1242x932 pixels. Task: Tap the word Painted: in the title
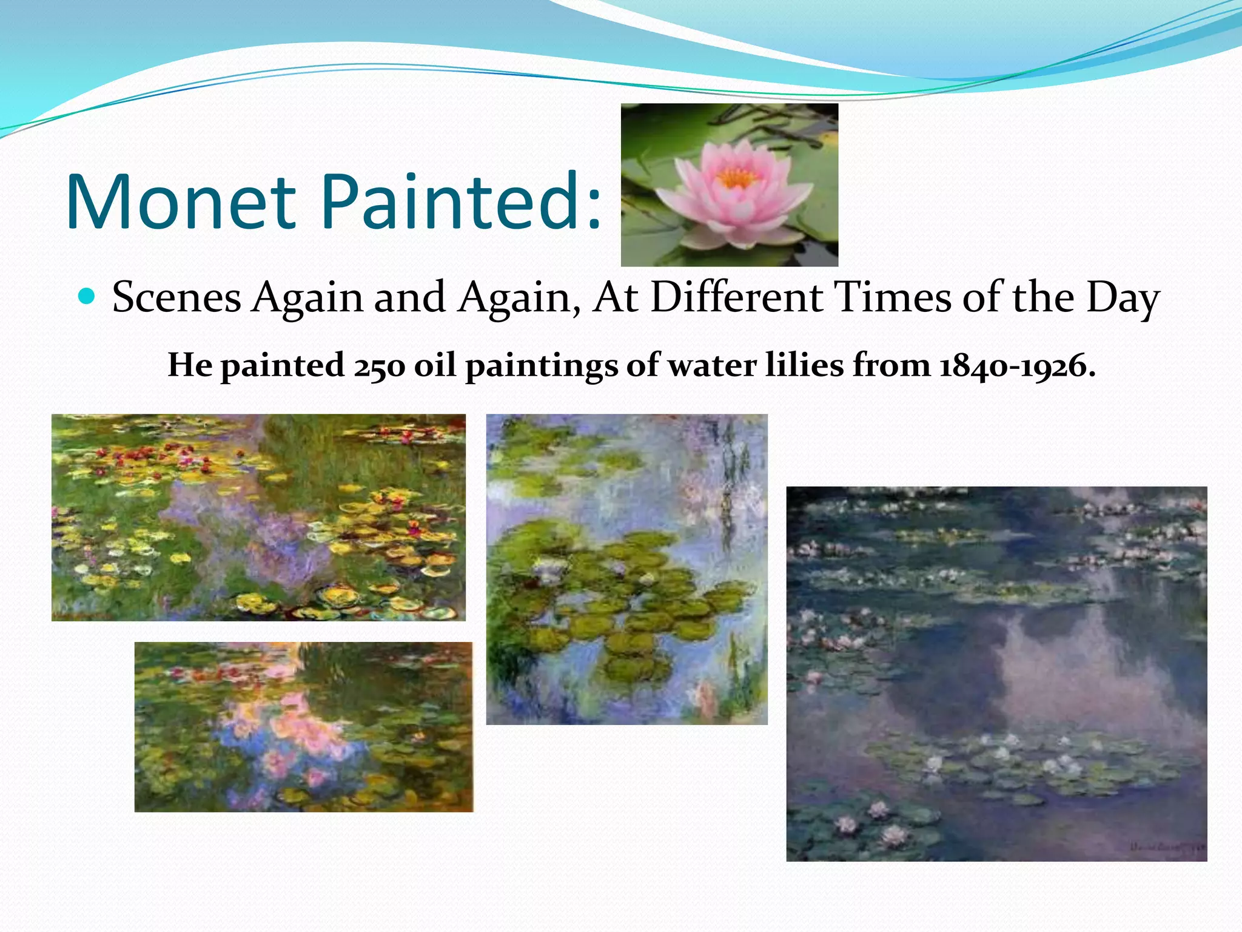(461, 202)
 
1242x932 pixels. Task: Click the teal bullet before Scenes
(87, 297)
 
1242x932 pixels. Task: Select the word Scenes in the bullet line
(176, 298)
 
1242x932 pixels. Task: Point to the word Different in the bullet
(736, 298)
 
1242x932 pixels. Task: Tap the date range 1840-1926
(1018, 366)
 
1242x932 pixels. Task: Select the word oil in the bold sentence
(435, 365)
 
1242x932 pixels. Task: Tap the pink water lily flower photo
(729, 185)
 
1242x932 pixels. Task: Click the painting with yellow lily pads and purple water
(258, 517)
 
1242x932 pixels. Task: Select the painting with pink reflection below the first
(303, 726)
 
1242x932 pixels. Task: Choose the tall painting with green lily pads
(626, 569)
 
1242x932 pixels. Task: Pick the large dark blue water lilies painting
(996, 674)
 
